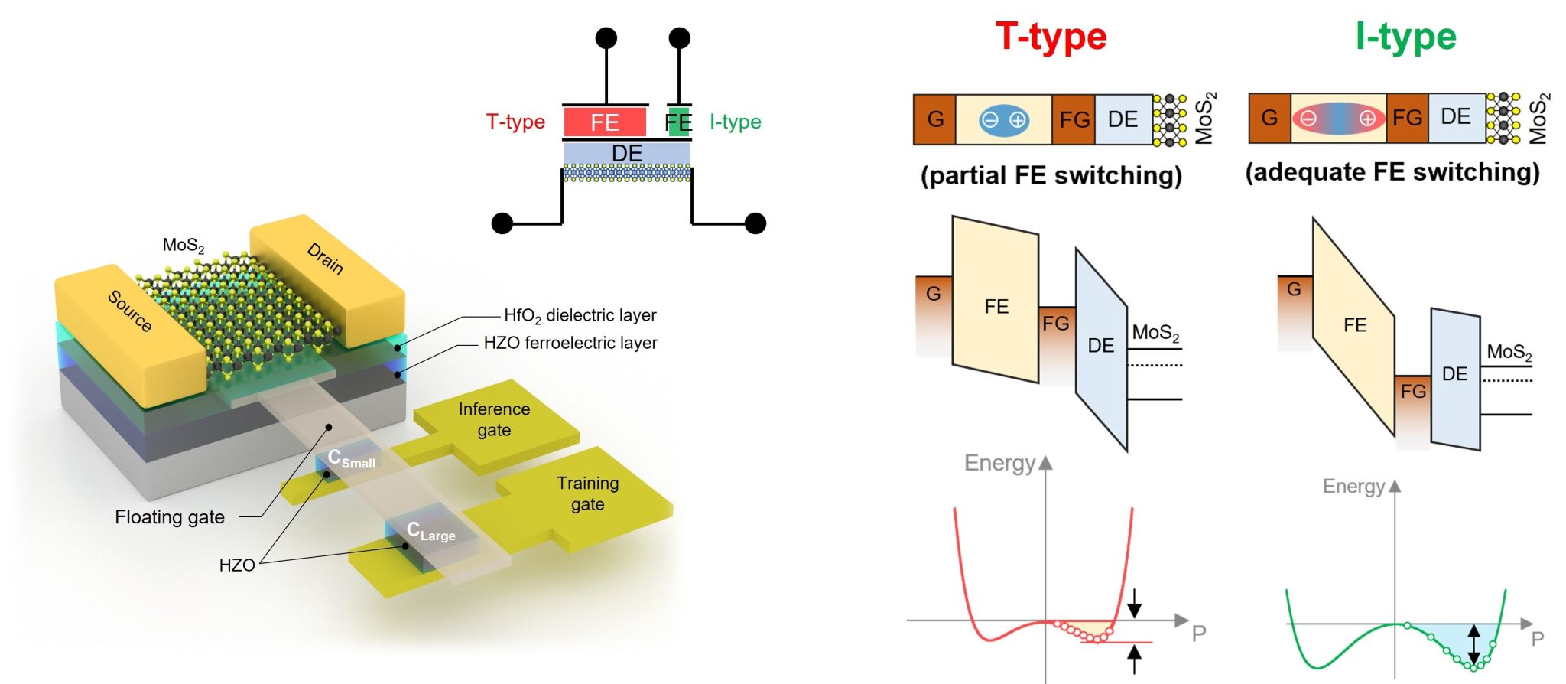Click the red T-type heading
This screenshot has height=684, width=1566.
tap(1051, 36)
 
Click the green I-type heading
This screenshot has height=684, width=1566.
tap(1405, 36)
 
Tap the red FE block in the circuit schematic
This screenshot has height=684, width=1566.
tap(604, 122)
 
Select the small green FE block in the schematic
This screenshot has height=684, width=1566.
tap(678, 122)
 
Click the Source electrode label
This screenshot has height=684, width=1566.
tap(130, 311)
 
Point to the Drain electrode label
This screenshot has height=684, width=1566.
tap(326, 258)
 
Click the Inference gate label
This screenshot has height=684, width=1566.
tap(494, 419)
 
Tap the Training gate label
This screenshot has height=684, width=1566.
tap(587, 493)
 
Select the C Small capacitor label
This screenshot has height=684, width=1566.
tap(351, 459)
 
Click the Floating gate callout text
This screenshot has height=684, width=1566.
tap(170, 517)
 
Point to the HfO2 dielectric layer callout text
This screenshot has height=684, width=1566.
tap(580, 315)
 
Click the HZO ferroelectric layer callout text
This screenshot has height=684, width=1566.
tap(570, 343)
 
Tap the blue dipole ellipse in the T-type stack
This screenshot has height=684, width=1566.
tap(1003, 120)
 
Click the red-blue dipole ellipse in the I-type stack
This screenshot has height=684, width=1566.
tap(1338, 119)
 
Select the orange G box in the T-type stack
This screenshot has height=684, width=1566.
tap(934, 119)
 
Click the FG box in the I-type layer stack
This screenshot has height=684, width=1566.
tap(1407, 118)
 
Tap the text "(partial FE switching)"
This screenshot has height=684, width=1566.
tap(1051, 175)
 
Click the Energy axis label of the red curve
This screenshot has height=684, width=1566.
tap(999, 463)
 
